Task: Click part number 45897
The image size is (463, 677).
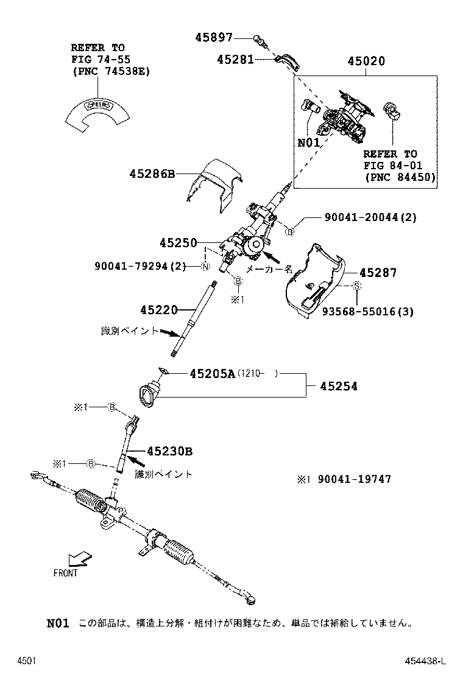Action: [214, 37]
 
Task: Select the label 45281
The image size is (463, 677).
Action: [236, 59]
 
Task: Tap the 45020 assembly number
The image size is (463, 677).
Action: [366, 61]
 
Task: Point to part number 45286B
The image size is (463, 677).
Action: [152, 174]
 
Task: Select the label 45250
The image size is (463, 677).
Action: [178, 243]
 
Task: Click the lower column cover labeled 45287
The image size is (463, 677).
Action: [314, 280]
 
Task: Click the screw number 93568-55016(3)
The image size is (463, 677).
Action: [368, 312]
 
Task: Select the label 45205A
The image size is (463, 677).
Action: [203, 374]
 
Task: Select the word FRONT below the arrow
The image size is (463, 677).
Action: [66, 574]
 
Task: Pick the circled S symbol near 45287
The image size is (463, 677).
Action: [358, 286]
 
